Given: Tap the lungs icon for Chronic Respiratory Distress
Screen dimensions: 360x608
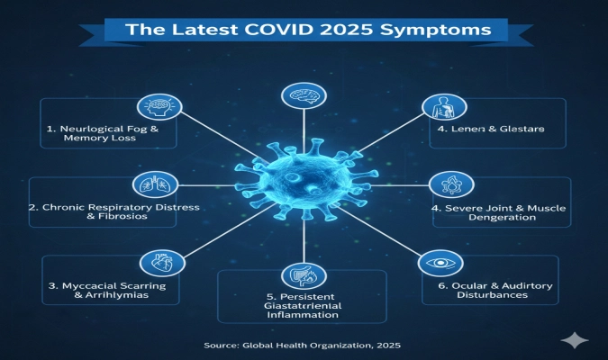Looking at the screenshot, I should coord(149,185).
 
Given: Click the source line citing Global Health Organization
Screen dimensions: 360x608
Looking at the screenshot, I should coord(303,344).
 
